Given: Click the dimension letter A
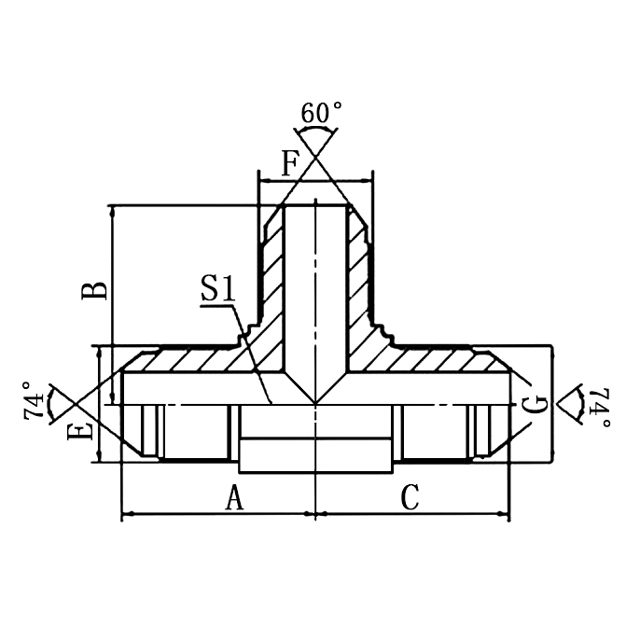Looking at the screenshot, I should [x=234, y=499].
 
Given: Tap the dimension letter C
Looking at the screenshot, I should [x=410, y=499].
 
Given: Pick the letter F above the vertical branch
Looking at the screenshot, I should [x=289, y=164].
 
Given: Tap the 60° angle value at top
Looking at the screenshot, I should [x=320, y=113].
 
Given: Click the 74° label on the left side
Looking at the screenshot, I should [x=34, y=401].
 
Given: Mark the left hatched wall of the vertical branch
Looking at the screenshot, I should [x=271, y=280].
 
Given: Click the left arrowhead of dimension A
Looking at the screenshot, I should [x=129, y=513].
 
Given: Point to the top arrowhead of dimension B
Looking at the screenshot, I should [x=112, y=211].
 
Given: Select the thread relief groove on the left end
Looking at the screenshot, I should [x=161, y=433].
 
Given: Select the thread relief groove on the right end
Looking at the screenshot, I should [x=471, y=433].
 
